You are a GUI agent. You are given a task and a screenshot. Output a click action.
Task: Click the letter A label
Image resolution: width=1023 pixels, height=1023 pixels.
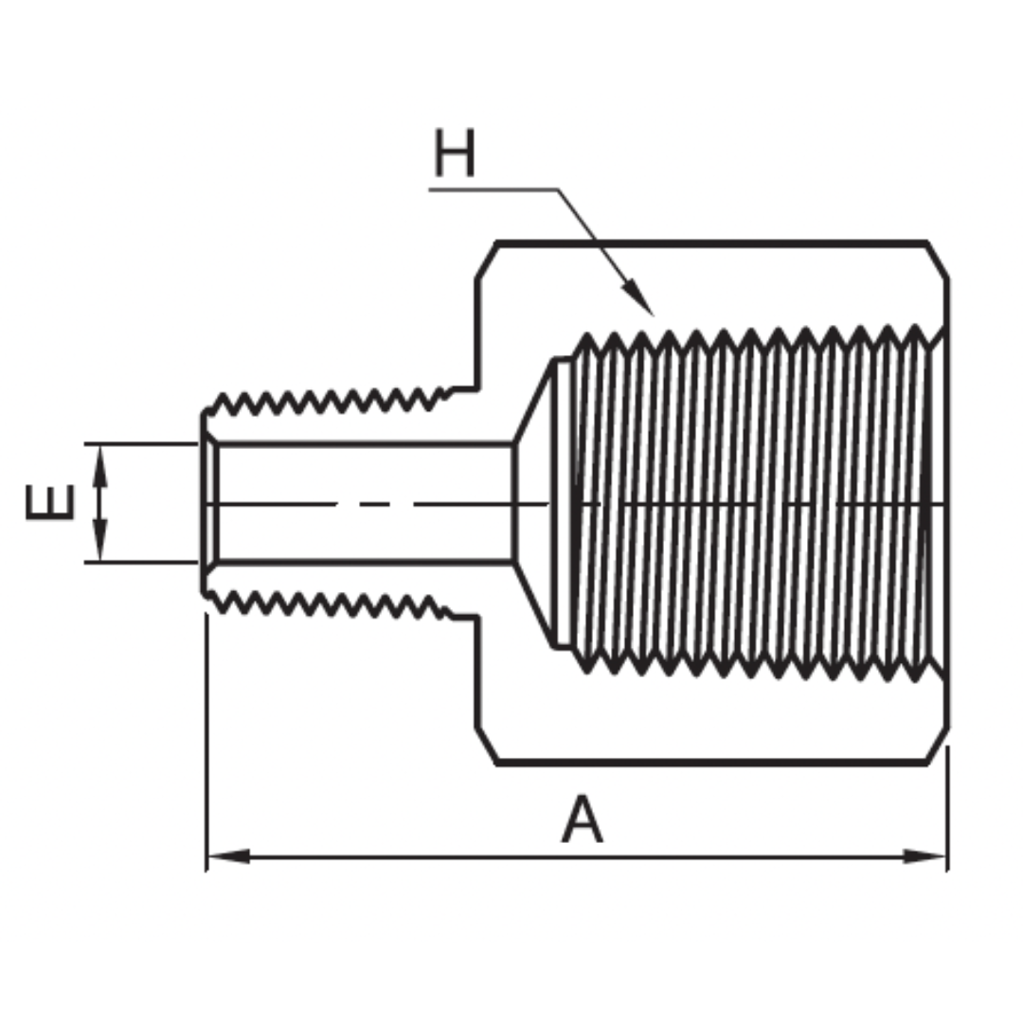coord(582,820)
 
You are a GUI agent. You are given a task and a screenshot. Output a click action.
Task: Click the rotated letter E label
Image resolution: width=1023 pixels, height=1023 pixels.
coord(49,502)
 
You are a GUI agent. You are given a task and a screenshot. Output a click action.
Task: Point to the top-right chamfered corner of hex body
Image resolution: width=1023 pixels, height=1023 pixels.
coord(937,260)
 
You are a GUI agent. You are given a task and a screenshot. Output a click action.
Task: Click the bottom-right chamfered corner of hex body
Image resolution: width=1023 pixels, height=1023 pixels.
coord(937,745)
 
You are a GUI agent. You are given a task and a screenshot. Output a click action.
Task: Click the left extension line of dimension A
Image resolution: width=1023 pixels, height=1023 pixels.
coord(206,739)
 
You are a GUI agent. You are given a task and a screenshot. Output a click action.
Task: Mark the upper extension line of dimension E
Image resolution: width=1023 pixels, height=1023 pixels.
coord(142,443)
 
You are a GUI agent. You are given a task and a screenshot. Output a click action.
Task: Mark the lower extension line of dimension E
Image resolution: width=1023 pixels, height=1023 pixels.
coord(142,562)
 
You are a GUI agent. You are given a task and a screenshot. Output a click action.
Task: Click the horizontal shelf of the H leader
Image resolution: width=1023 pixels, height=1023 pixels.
coord(493,190)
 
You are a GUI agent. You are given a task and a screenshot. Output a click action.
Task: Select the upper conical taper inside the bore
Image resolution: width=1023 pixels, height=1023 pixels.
coord(532,401)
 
